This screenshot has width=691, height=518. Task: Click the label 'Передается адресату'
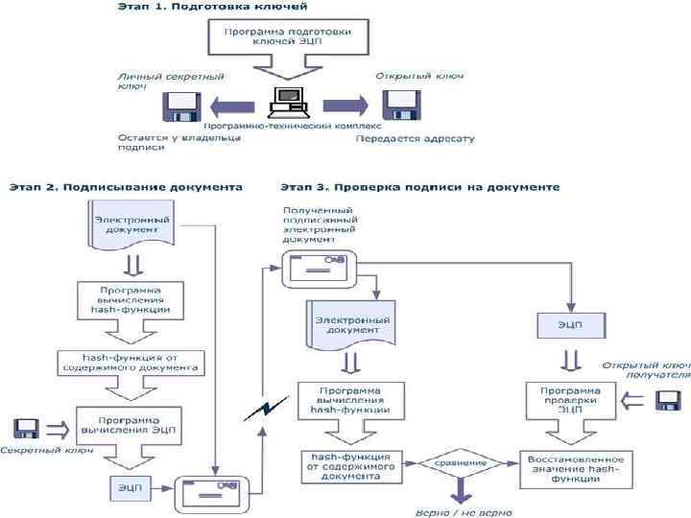coord(416,139)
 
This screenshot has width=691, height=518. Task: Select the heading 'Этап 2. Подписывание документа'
coord(126,187)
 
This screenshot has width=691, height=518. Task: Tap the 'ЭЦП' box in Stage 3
coord(570,324)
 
